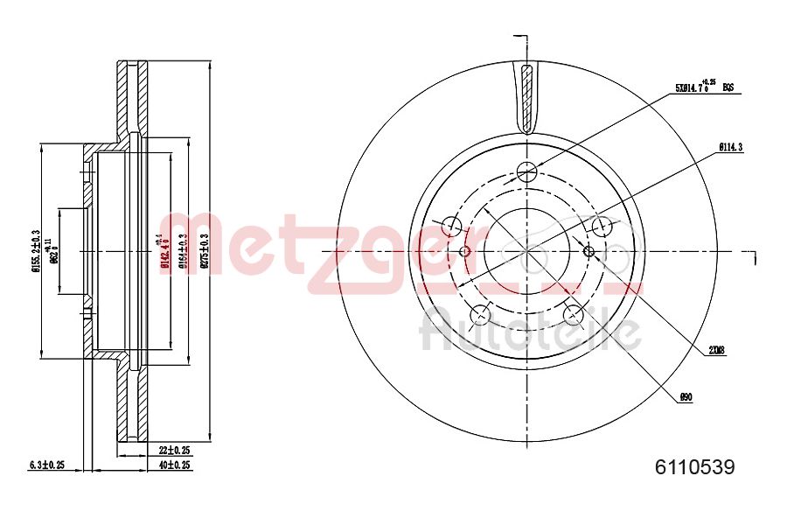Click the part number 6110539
coord(695,467)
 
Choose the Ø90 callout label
coord(686,397)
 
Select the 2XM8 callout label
coord(717,351)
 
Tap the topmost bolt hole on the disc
coord(526,171)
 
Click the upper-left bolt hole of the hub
coord(452,227)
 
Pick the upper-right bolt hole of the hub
coord(602,227)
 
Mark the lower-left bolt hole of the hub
coord(480,315)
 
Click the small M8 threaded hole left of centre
coord(465,252)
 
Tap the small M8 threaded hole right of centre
coord(589,252)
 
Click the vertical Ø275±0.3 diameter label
coord(205,251)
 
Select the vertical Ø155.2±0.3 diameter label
coord(36,251)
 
